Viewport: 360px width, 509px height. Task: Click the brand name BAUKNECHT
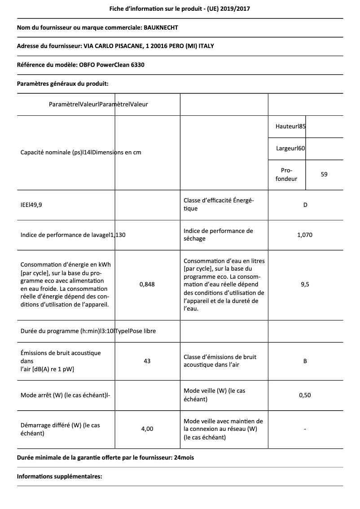161,28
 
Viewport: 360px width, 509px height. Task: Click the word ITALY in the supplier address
211,46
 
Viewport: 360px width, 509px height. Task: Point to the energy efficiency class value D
305,205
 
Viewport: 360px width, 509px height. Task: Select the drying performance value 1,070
305,235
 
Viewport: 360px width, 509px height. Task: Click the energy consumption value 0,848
147,284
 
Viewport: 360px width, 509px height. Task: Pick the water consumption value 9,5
305,284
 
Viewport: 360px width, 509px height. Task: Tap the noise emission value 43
147,361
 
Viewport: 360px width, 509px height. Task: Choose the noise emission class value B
305,361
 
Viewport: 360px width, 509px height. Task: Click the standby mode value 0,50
305,395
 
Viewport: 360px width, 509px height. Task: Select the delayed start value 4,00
147,429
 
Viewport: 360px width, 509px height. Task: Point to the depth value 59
324,174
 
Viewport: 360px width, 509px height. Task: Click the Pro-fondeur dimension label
286,175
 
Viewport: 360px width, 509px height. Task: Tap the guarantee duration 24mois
184,458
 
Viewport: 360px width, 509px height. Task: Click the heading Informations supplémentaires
60,476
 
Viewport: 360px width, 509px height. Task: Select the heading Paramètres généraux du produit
62,83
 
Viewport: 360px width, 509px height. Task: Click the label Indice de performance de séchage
218,235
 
